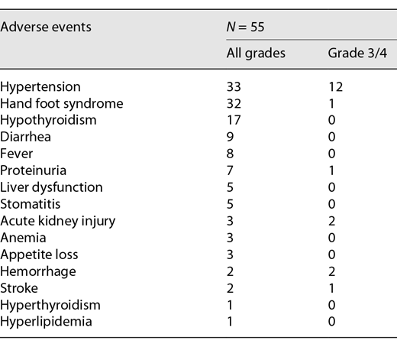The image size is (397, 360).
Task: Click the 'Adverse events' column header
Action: (46, 27)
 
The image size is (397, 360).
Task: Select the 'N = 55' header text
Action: (238, 27)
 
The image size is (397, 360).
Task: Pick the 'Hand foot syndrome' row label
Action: (62, 103)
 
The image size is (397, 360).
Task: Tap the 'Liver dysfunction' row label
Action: (52, 187)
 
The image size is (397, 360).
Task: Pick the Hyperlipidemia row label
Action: (45, 322)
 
